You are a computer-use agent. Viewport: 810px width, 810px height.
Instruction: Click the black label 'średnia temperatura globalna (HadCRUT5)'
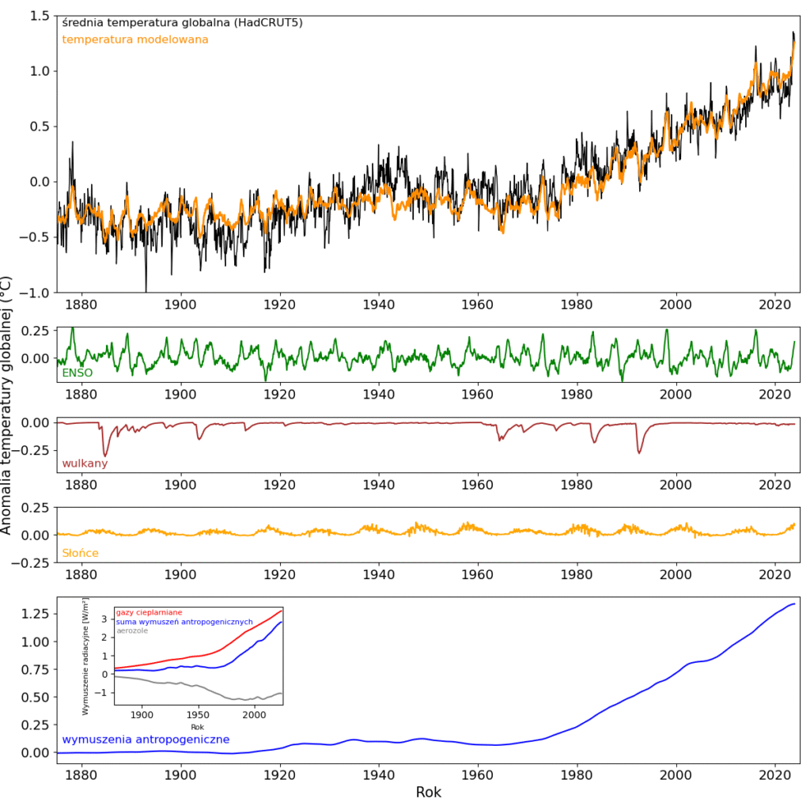click(182, 23)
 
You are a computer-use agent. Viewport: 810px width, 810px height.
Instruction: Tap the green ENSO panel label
click(77, 373)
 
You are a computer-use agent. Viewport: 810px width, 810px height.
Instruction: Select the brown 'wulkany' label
click(85, 464)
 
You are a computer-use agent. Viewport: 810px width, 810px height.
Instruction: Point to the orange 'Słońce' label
click(80, 553)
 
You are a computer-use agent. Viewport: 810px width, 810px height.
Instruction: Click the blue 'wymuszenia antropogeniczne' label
click(146, 740)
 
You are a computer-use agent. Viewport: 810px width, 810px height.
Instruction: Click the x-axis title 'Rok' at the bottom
click(428, 792)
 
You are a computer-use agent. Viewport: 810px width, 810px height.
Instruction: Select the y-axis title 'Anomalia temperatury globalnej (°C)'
click(7, 405)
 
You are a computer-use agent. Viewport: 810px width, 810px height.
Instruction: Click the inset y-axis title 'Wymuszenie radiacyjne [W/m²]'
click(86, 657)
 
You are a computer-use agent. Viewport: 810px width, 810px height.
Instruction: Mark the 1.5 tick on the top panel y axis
click(39, 16)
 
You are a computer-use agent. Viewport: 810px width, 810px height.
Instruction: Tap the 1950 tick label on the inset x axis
click(198, 715)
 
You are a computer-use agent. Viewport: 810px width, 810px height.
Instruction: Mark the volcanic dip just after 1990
click(639, 452)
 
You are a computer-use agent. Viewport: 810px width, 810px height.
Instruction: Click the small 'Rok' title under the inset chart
click(198, 726)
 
